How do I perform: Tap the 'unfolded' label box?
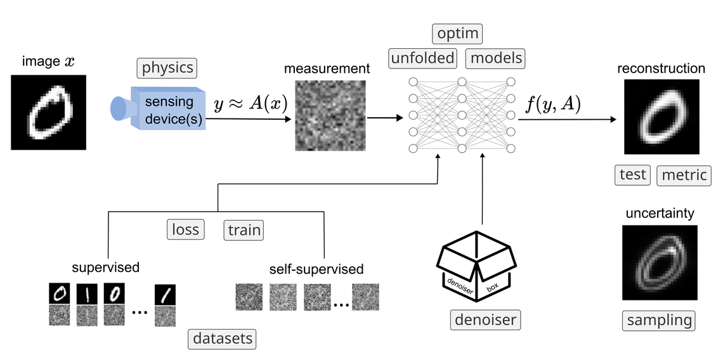[x=422, y=58]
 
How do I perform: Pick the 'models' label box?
[x=496, y=58]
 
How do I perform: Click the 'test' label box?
[x=632, y=174]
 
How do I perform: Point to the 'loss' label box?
[x=186, y=229]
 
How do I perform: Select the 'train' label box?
[x=244, y=230]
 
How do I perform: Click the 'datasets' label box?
[x=223, y=338]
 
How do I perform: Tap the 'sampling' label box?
[x=659, y=320]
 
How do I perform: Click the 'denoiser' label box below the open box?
[x=486, y=319]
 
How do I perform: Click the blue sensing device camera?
[x=159, y=108]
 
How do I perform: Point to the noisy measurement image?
[x=330, y=115]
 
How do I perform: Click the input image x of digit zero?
[x=48, y=112]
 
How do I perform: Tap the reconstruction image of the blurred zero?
[x=661, y=117]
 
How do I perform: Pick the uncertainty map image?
[x=659, y=262]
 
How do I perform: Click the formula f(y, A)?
[x=553, y=105]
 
